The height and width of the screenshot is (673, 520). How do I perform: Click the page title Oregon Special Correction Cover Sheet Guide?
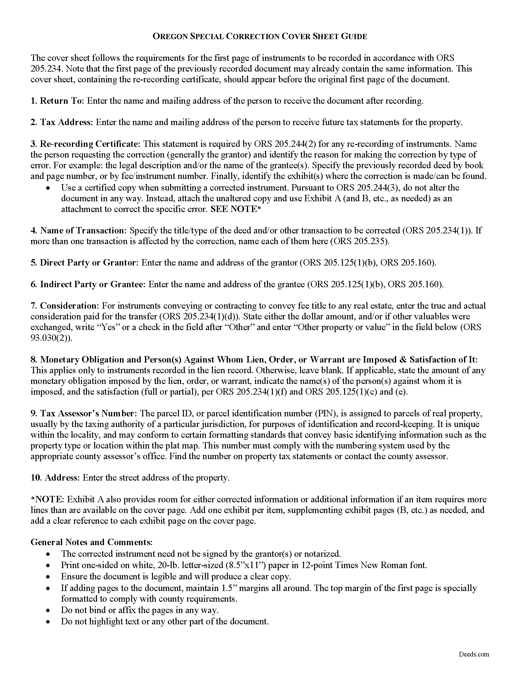pos(260,37)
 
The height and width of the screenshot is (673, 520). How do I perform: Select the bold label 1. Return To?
pos(57,101)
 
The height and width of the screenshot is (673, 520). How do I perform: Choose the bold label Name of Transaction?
pos(83,230)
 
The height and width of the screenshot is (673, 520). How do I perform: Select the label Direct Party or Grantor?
pos(88,262)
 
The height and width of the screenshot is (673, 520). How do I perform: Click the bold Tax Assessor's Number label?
pos(87,413)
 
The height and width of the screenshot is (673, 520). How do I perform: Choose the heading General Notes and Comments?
pos(91,542)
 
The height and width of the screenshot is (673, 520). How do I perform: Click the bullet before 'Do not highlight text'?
pos(48,622)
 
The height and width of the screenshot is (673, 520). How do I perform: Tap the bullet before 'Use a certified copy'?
pos(48,188)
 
